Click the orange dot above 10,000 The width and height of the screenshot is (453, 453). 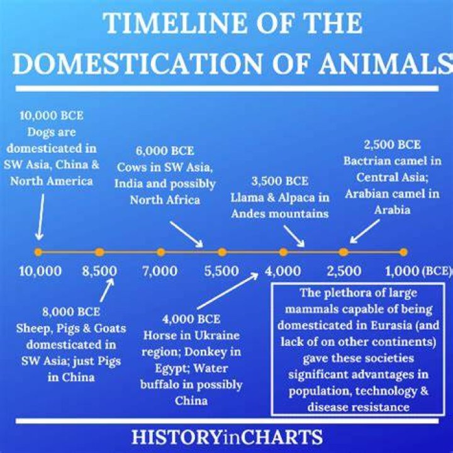[x=38, y=252]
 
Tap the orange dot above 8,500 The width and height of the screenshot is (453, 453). [x=99, y=252]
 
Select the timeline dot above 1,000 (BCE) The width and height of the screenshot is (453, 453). [x=403, y=252]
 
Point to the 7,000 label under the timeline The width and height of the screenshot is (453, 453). [x=160, y=271]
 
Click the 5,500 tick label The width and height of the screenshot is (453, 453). [x=221, y=271]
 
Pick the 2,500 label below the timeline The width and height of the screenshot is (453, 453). [x=344, y=271]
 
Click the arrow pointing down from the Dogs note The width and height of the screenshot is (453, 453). [x=41, y=216]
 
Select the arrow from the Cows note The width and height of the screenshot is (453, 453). [x=186, y=234]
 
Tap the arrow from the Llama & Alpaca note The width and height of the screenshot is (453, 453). [x=294, y=236]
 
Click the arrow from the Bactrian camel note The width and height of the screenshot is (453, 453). [x=364, y=232]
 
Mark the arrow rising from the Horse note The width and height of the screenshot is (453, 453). [x=228, y=291]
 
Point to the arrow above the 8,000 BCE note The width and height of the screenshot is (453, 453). [x=107, y=290]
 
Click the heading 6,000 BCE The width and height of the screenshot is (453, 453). [x=165, y=151]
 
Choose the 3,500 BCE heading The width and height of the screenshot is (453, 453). [x=280, y=181]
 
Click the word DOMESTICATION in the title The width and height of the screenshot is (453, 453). [x=138, y=64]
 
